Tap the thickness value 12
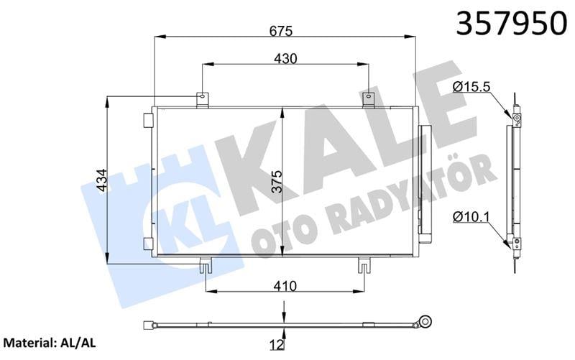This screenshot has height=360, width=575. coord(276,346)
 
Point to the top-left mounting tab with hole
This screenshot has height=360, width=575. coord(203,98)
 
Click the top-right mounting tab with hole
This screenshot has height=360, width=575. coord(368,98)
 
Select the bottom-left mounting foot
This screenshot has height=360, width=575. coord(205,267)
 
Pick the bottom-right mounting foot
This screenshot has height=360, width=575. coord(362,267)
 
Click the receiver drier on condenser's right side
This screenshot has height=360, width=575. coord(424,183)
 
